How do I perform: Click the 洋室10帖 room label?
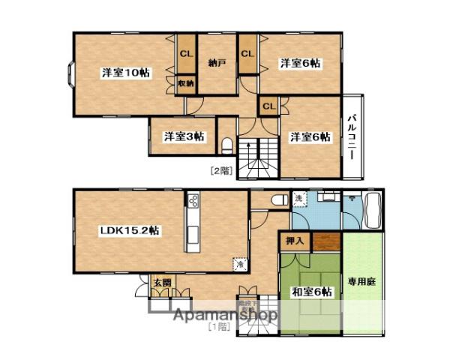pos(124,73)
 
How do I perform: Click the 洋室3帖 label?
pos(184,136)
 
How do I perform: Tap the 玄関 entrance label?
pos(162,283)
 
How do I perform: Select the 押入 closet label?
pos(295,241)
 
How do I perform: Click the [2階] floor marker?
pos(220,171)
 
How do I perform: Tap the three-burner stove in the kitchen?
pos(193,202)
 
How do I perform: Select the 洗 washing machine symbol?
pos(298,199)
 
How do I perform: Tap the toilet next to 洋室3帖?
pos(229,144)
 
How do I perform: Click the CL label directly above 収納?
pos(185,53)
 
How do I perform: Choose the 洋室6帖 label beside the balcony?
pos(310,136)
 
